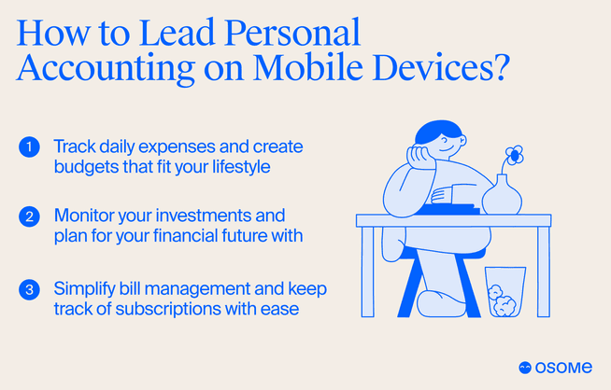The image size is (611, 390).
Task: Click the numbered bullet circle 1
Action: [29, 147]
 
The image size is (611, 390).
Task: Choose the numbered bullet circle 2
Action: [29, 216]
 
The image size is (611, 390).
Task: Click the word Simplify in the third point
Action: [84, 287]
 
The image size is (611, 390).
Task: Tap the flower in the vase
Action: [513, 154]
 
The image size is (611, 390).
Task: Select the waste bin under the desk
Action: [505, 292]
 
